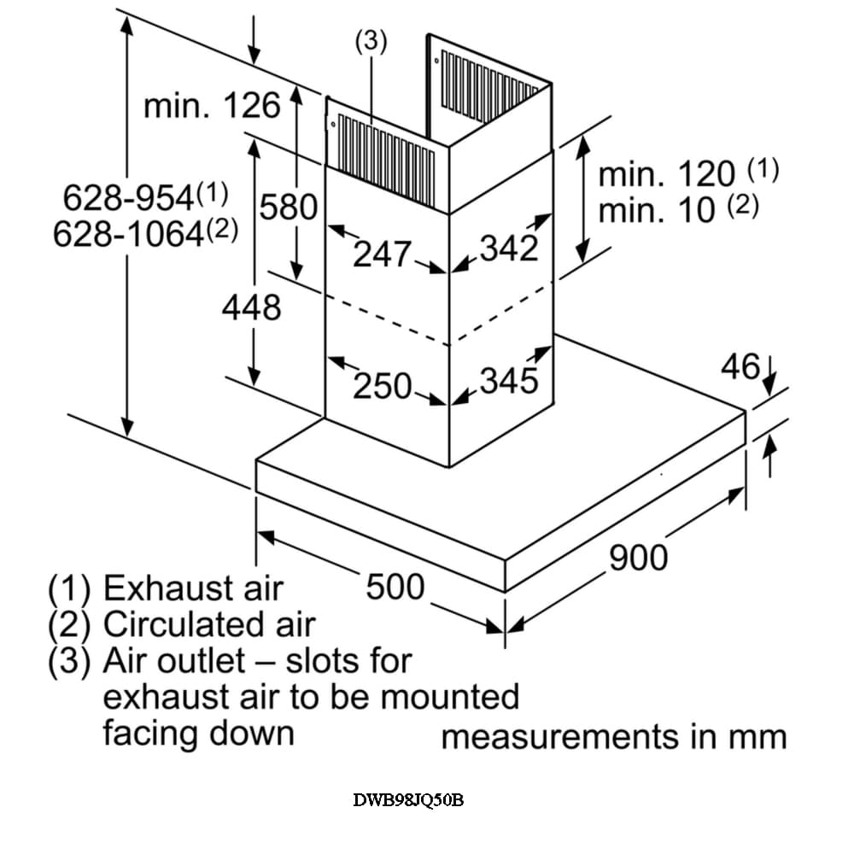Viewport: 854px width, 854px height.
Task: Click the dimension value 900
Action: point(638,557)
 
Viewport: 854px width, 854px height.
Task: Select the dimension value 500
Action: point(395,587)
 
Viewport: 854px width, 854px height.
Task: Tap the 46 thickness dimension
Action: point(740,367)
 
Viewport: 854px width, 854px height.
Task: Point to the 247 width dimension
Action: point(383,254)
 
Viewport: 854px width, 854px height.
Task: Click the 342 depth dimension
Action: point(509,249)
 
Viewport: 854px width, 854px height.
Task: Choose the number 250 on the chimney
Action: point(383,386)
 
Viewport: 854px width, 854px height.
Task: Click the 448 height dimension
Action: point(251,307)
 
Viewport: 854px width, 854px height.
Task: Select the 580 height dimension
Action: point(288,208)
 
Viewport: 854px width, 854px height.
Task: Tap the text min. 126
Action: point(212,107)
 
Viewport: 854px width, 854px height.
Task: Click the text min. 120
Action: point(667,174)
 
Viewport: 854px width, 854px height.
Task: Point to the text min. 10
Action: point(657,210)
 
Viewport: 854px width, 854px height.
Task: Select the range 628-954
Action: point(129,198)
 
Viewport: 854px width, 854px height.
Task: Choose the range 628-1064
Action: point(129,233)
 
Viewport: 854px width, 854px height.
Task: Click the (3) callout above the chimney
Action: point(371,42)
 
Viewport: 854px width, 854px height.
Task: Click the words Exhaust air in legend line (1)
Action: point(192,588)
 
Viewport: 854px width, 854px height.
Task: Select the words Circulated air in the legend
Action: point(209,625)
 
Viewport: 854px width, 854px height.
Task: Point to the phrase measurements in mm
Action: point(613,737)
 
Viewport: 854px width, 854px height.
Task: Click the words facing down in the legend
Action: point(198,733)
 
